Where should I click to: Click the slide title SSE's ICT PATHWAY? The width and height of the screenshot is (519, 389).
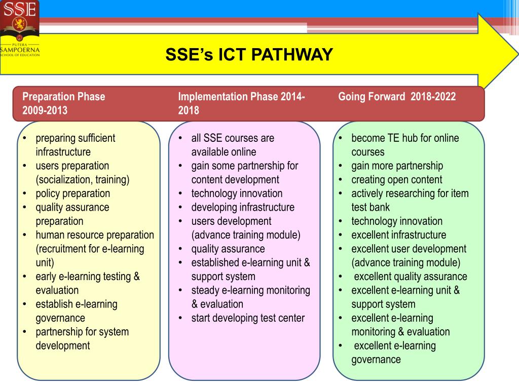(249, 54)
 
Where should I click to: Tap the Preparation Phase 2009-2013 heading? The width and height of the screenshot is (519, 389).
(64, 103)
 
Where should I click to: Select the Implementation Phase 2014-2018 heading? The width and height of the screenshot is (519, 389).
(241, 103)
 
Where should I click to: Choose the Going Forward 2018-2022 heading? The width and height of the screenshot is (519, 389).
(397, 97)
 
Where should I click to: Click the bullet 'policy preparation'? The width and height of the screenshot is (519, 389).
(72, 193)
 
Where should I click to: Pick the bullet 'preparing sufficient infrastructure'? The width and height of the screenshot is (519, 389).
(76, 145)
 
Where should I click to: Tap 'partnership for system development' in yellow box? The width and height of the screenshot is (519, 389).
(82, 339)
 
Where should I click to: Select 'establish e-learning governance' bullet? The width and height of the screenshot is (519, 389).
(76, 311)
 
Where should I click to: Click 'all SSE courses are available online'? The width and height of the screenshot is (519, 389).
(233, 145)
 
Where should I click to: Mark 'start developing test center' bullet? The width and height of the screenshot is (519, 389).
(248, 318)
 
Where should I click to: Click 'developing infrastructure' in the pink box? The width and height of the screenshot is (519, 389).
(242, 207)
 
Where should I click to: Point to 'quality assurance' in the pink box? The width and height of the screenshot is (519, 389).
(228, 249)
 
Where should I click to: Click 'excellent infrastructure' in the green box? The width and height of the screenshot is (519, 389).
(398, 235)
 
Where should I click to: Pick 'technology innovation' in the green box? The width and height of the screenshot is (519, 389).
(396, 221)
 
